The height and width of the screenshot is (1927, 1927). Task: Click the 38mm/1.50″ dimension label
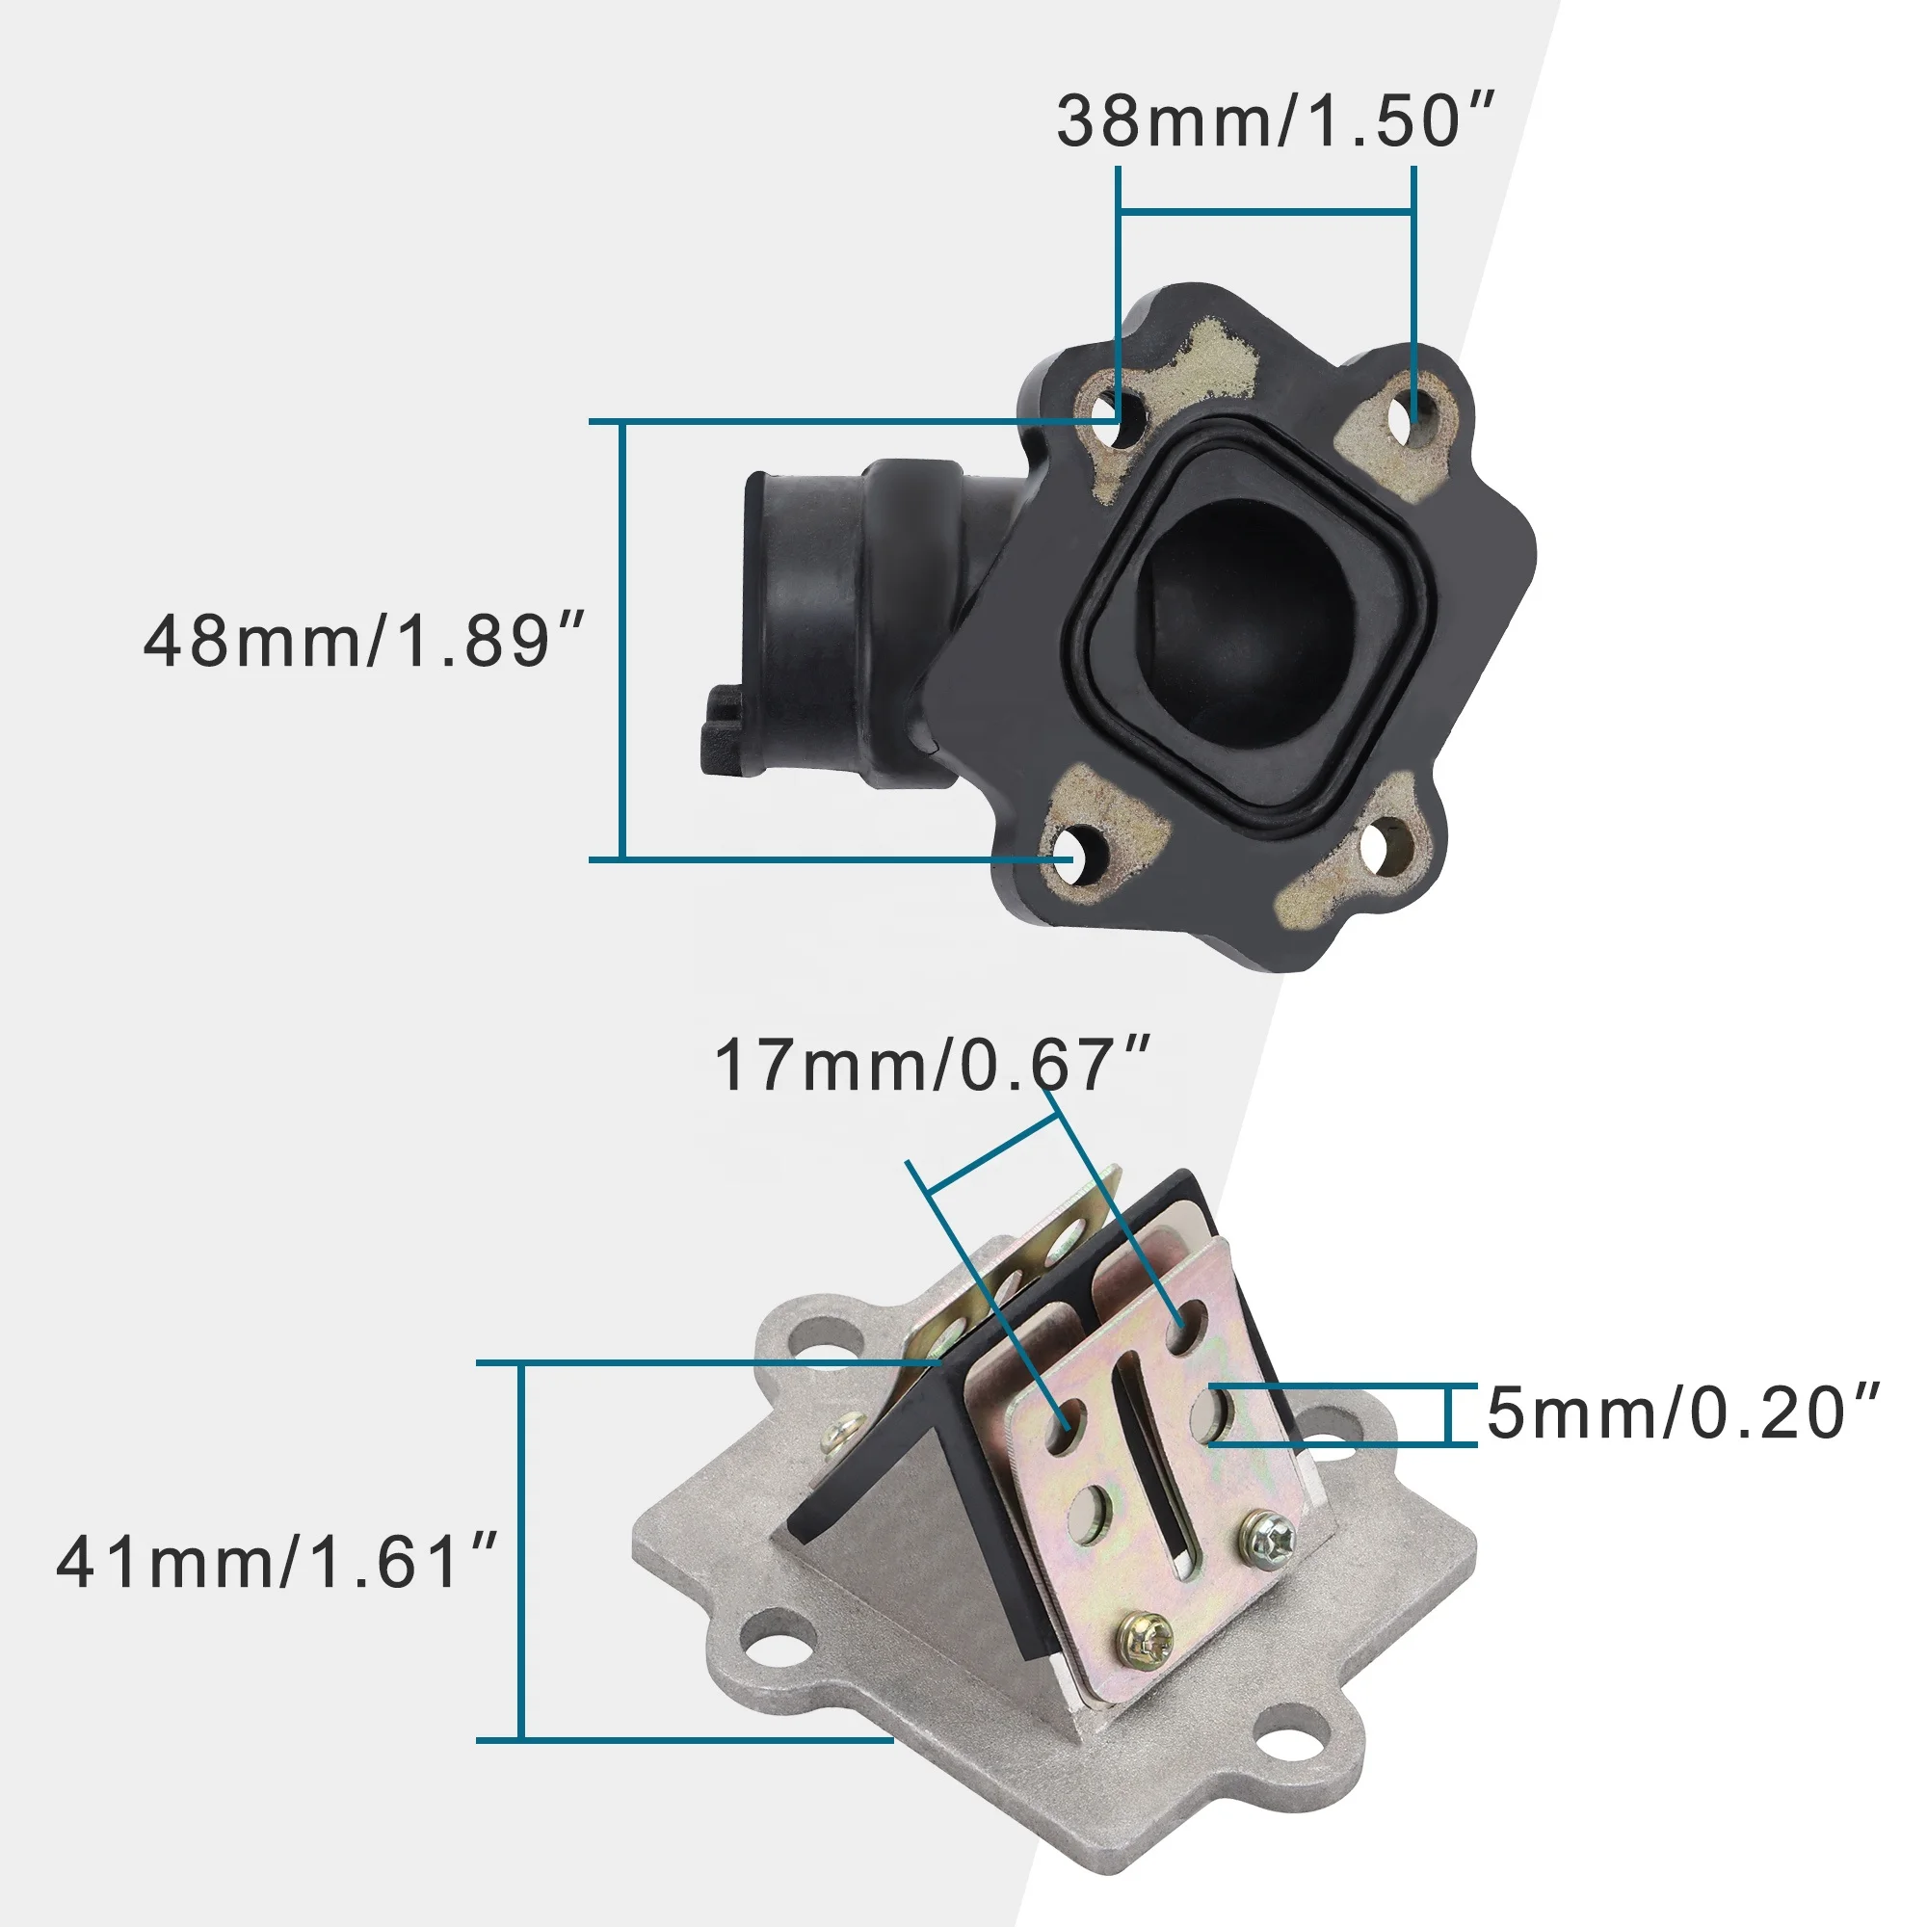pos(1276,120)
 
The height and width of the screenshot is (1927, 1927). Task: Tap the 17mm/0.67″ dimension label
pos(933,1065)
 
